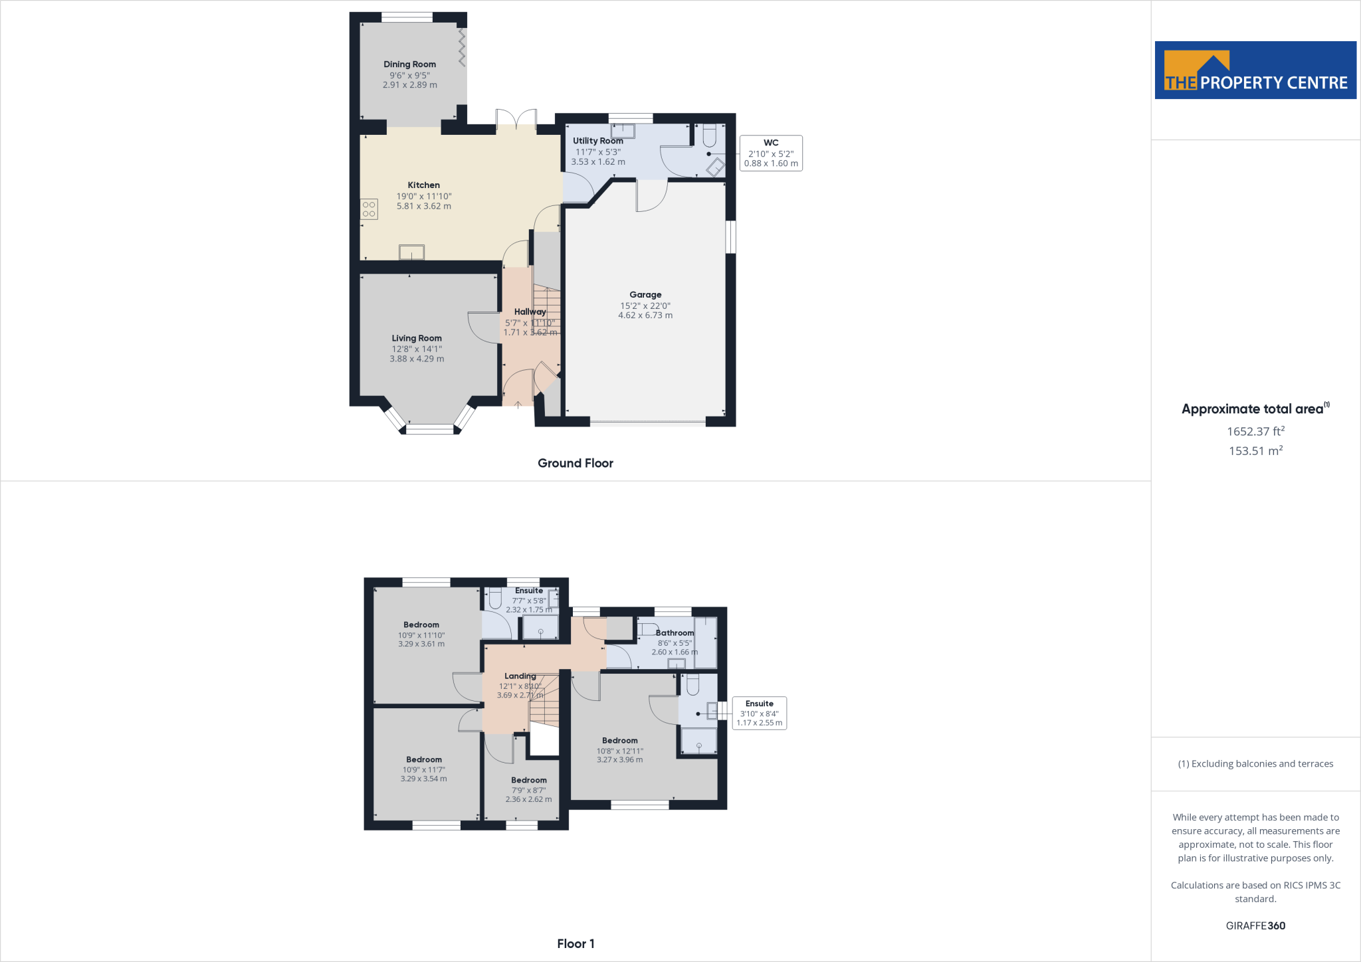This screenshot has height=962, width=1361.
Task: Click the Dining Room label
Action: pos(409,64)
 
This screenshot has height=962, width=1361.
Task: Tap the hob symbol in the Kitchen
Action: pos(369,209)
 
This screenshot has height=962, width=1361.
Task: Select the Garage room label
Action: pos(645,294)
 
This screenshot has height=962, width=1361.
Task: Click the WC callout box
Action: pos(771,153)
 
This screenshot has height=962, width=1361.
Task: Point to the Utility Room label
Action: pos(597,141)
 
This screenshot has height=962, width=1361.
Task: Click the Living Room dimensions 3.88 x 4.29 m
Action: pos(417,359)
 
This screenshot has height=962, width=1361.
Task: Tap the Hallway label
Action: pos(530,312)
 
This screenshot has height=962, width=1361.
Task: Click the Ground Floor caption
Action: pos(575,463)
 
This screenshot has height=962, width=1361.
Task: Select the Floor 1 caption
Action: pos(576,943)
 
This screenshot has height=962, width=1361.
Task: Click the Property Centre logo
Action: pos(1255,70)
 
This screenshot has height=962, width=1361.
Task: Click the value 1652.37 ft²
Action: pos(1255,431)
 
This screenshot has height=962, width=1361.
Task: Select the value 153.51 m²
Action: pos(1255,451)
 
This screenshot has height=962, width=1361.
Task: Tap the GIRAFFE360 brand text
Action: pos(1255,925)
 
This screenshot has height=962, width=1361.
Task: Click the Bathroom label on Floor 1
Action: pos(675,633)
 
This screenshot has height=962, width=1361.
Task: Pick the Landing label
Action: pos(520,676)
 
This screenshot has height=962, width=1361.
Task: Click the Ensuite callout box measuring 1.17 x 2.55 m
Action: pos(759,713)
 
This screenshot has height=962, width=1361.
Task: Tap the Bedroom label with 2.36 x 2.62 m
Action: pos(528,780)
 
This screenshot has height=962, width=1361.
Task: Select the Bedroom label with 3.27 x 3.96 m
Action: pos(619,740)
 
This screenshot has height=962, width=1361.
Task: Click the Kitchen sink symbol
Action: pos(411,252)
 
